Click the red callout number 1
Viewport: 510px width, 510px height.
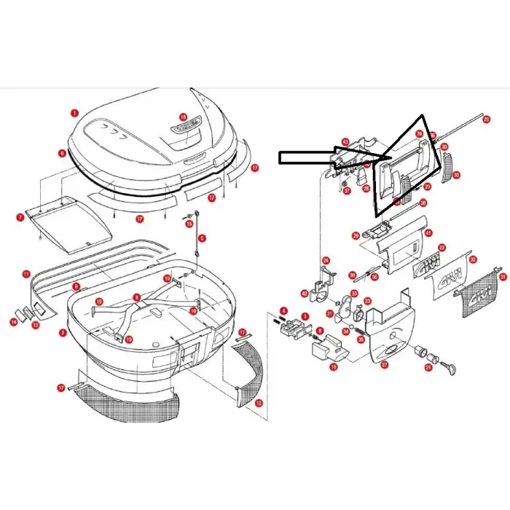click(x=74, y=113)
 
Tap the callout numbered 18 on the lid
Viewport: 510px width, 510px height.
click(x=183, y=117)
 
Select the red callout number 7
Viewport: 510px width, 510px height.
click(x=20, y=217)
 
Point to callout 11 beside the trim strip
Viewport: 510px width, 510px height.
click(x=25, y=275)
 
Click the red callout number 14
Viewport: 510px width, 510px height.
click(x=12, y=321)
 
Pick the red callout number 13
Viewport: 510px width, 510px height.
click(x=35, y=324)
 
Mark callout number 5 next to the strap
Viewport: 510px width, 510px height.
click(x=203, y=238)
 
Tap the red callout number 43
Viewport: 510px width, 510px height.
click(x=345, y=142)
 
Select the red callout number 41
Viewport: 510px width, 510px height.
click(x=428, y=233)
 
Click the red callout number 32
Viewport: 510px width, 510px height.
click(x=473, y=259)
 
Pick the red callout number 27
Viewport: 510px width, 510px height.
click(x=384, y=364)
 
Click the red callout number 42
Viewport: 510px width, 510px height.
click(x=304, y=294)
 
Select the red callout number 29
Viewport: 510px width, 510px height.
click(x=356, y=235)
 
